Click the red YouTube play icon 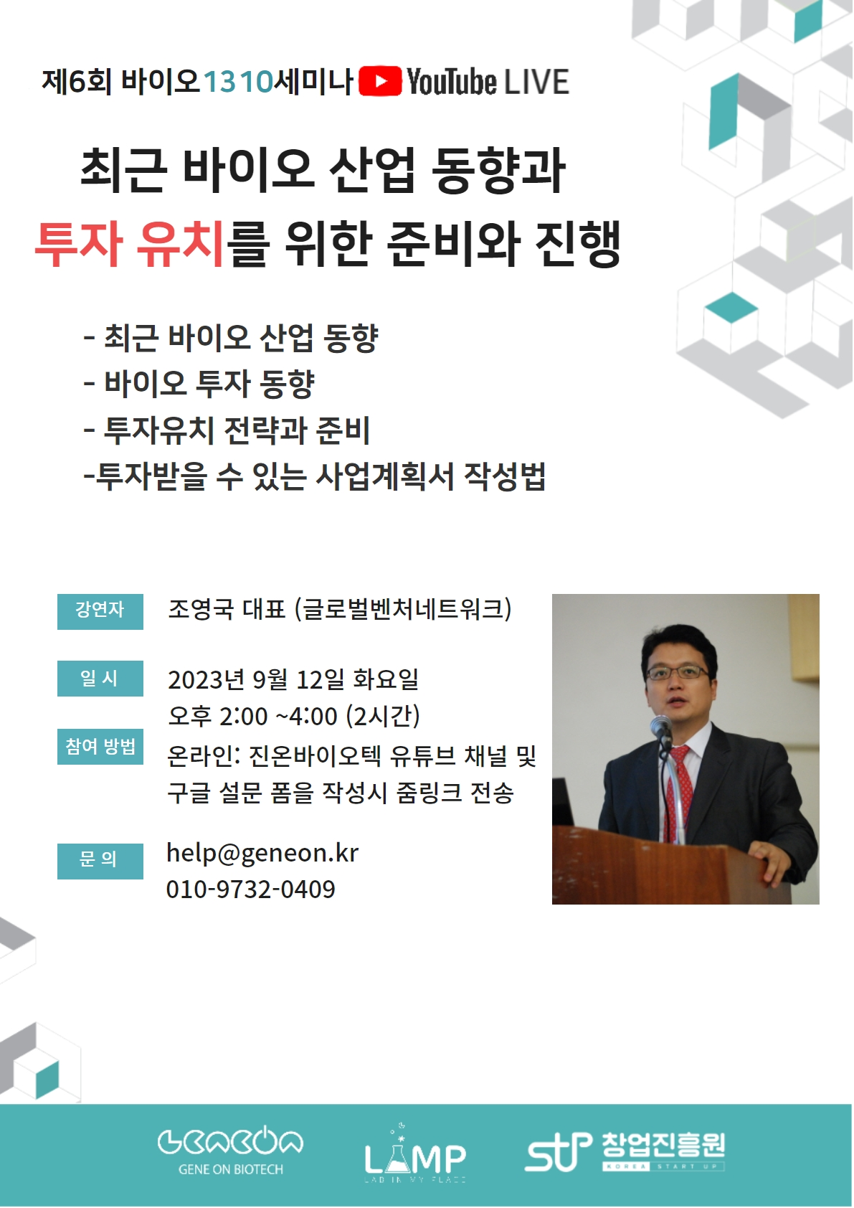point(379,81)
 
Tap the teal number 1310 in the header point(238,82)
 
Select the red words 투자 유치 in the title point(129,245)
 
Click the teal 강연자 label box point(100,612)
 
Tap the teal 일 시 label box point(100,679)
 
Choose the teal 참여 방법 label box point(100,746)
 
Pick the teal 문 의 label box point(100,862)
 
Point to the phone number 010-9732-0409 point(251,890)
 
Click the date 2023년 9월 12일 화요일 point(293,679)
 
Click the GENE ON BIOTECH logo point(231,1153)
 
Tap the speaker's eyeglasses point(677,673)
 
